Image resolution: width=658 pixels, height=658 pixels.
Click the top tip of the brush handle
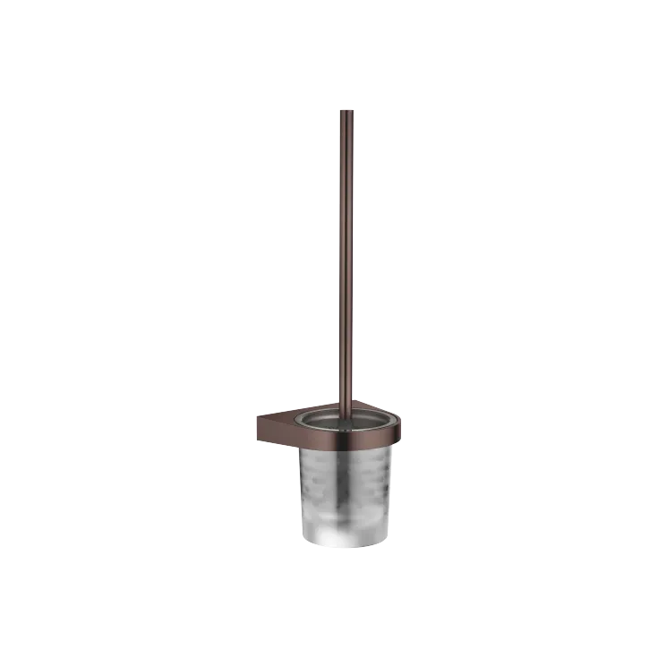(x=346, y=110)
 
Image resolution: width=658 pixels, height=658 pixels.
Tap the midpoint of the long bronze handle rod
(x=346, y=260)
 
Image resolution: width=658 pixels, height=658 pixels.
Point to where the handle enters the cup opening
(x=346, y=414)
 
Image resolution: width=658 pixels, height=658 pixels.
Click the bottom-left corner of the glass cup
(x=307, y=541)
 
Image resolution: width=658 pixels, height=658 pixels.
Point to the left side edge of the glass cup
(x=302, y=492)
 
